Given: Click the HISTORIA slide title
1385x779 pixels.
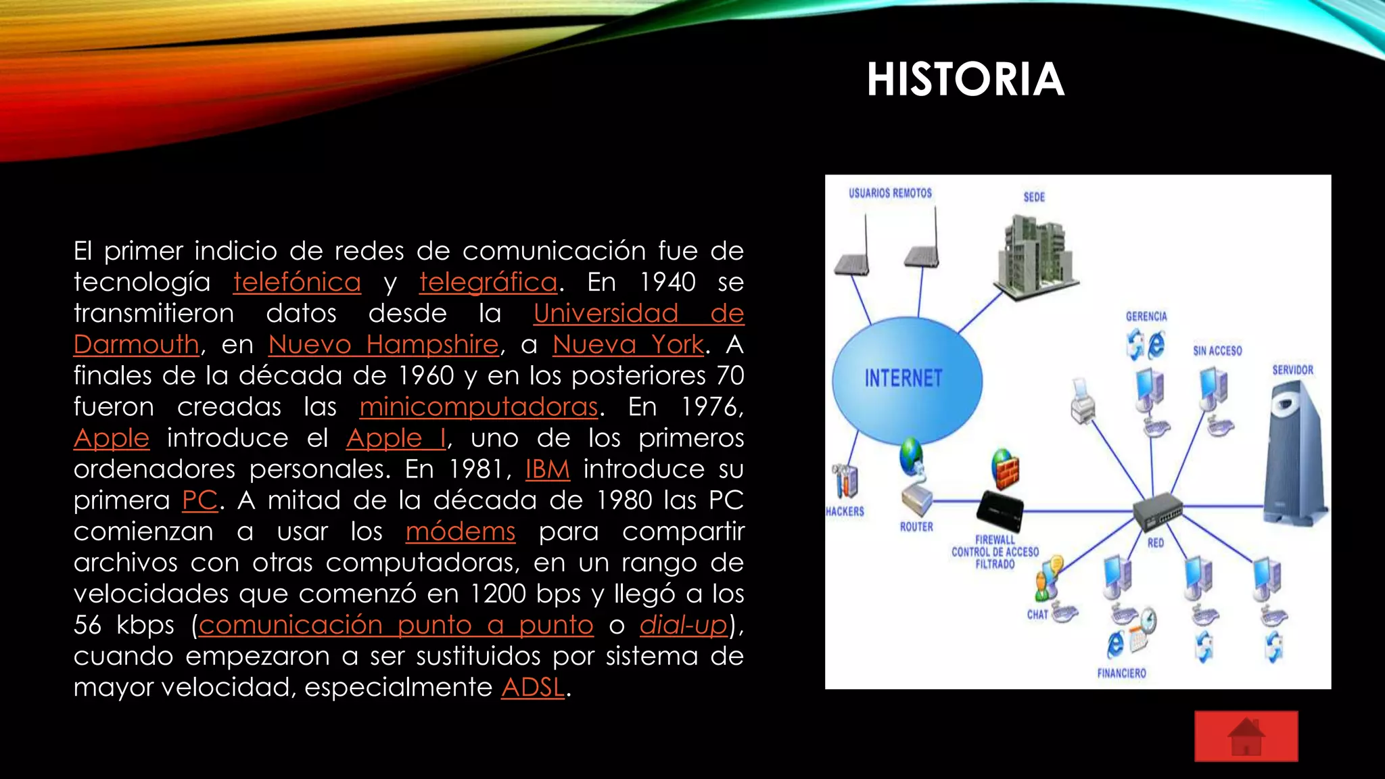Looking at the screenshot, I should point(965,80).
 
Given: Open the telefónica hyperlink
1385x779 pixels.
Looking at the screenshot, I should point(297,282).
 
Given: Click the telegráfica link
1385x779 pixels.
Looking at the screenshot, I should point(488,282).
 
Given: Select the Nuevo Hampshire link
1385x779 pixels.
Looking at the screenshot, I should point(383,344).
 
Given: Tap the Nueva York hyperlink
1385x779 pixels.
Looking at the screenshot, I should point(628,344).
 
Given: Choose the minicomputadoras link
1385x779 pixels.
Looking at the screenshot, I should point(479,406).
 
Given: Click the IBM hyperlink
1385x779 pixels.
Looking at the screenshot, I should point(548,469).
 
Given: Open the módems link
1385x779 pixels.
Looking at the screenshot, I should point(461,531).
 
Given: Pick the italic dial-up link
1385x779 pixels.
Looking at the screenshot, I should point(684,624).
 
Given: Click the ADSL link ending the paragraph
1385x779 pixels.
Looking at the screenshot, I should point(533,687).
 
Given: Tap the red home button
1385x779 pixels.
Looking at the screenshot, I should point(1246,736).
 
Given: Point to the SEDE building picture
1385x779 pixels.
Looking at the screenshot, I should point(1035,254).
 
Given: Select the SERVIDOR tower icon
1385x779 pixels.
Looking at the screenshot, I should point(1293,453).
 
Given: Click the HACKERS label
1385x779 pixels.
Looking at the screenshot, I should point(845,512).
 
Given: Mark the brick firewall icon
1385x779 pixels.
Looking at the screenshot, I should point(1006,468).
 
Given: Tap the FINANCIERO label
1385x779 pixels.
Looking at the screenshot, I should point(1121,674).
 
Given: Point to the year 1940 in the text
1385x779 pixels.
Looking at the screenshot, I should point(667,282).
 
